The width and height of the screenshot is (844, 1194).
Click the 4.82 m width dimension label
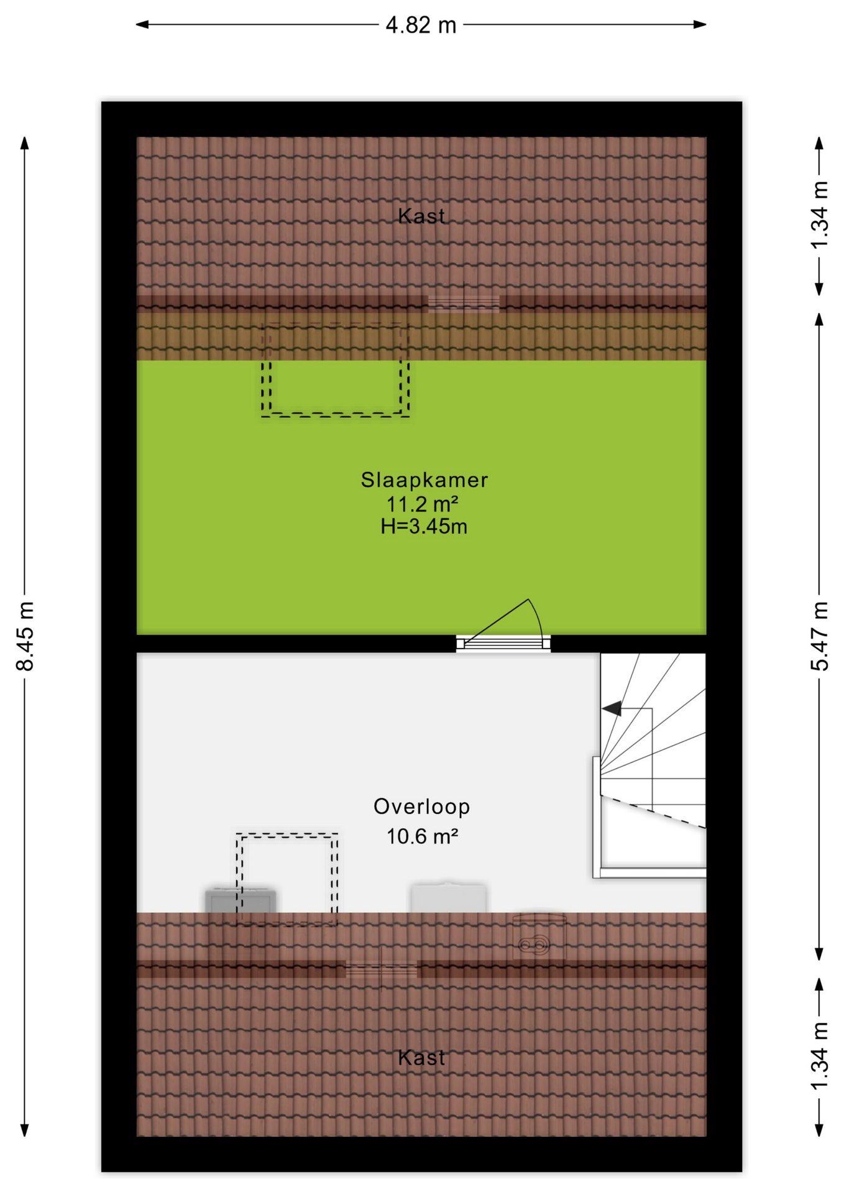(421, 25)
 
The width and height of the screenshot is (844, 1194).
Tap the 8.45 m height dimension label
(25, 636)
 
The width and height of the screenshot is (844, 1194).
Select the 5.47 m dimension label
(820, 636)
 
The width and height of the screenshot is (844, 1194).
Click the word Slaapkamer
(424, 479)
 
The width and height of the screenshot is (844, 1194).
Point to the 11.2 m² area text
(423, 503)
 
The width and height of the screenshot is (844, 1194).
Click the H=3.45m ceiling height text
(424, 526)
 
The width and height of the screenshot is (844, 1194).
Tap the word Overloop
(421, 806)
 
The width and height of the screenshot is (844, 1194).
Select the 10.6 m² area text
(423, 836)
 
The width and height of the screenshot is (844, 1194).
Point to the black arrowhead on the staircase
(612, 708)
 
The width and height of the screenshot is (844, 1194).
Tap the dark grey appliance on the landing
(241, 900)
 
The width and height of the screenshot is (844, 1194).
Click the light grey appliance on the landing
(448, 897)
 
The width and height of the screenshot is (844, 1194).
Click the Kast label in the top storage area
(421, 216)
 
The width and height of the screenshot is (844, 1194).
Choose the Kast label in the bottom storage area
(421, 1057)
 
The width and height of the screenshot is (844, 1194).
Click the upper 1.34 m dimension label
(820, 215)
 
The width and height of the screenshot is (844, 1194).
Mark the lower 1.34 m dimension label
(820, 1056)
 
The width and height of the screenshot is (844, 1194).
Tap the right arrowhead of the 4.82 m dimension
(700, 25)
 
